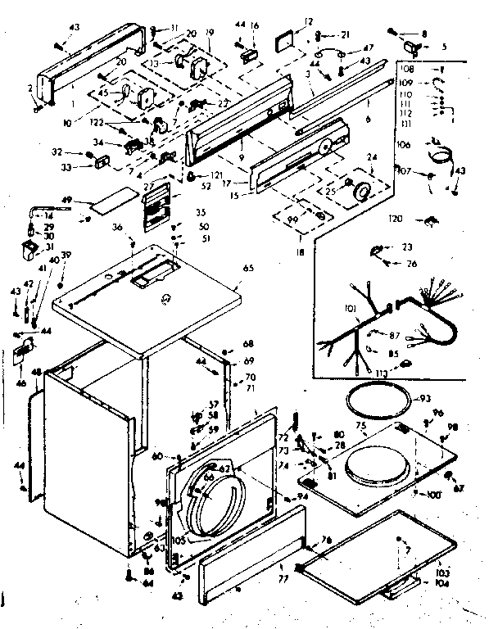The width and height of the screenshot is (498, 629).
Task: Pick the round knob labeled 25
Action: point(358,193)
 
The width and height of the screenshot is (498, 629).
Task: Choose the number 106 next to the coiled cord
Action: point(402,144)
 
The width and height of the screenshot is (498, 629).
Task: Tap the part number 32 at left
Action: point(79,152)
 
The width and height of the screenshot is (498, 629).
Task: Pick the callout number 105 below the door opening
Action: point(179,541)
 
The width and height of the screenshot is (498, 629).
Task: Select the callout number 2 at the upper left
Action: point(29,88)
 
